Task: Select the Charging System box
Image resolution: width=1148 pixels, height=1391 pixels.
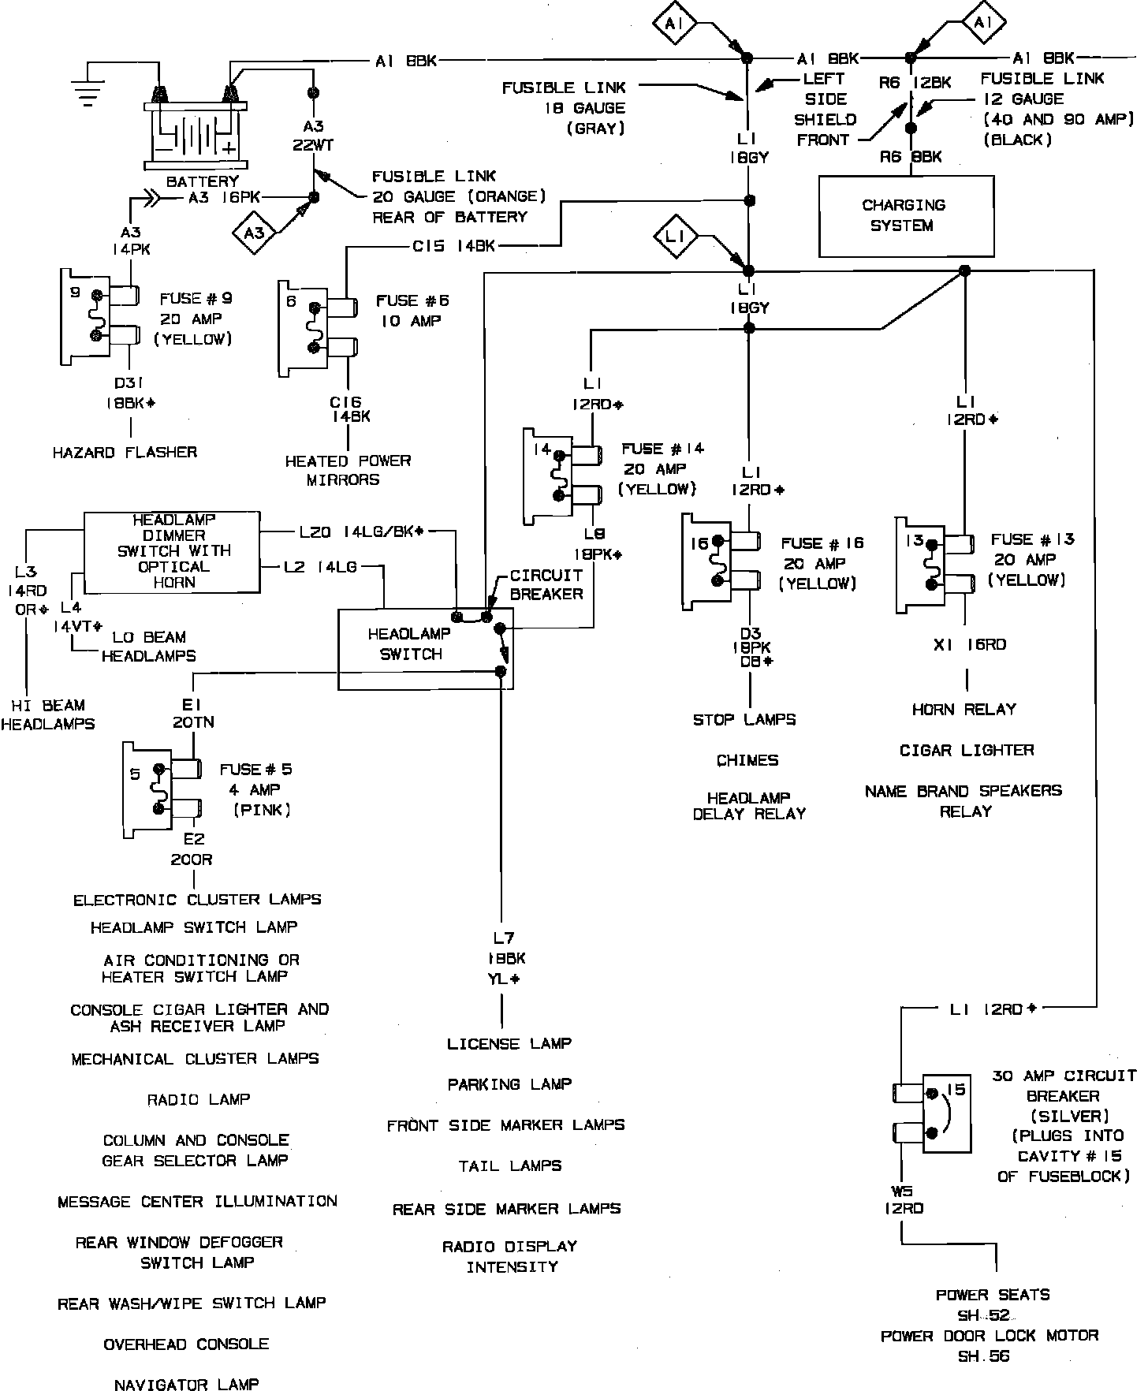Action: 906,215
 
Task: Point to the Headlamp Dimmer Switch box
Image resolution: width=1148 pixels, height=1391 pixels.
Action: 172,552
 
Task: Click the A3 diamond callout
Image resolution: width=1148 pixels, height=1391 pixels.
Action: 255,233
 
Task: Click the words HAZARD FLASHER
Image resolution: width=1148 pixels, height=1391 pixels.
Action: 125,453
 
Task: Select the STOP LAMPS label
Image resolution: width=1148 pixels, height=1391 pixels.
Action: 744,720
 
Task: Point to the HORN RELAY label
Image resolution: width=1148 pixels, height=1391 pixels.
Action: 963,710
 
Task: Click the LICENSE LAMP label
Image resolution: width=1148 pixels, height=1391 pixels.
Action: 509,1044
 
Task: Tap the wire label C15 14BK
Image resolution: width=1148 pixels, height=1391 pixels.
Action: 453,246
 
